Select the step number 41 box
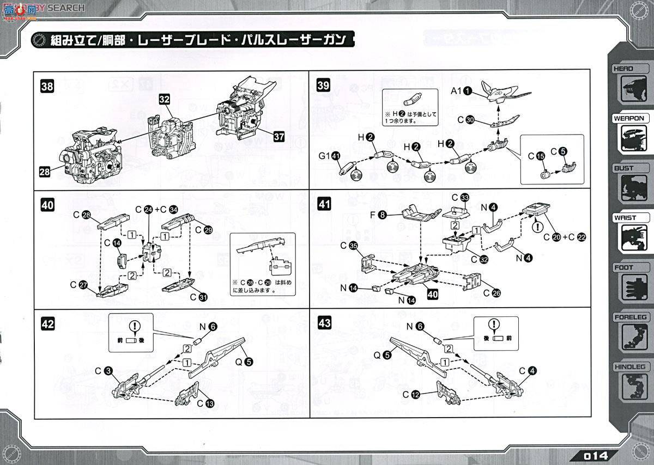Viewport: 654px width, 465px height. (324, 204)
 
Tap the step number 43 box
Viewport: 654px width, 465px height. (324, 323)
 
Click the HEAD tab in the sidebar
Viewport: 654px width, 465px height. (623, 69)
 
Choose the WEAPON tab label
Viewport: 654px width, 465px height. (628, 118)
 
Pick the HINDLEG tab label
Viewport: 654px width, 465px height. (629, 366)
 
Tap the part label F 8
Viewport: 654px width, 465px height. (378, 216)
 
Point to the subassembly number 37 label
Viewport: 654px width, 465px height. (278, 137)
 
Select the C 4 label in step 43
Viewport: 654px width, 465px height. (527, 371)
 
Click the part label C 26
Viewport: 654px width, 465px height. (490, 293)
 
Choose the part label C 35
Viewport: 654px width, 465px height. (349, 246)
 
